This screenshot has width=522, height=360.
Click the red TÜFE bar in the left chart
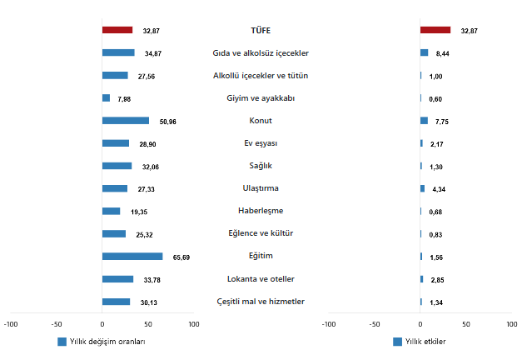[117, 30]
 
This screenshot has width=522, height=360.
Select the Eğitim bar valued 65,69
[132, 257]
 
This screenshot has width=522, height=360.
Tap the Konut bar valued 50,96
[125, 121]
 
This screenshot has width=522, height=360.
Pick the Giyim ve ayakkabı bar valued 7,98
[106, 98]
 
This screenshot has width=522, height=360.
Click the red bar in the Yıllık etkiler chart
[435, 30]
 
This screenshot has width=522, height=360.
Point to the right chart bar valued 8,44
[424, 53]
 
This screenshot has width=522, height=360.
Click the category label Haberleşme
[261, 211]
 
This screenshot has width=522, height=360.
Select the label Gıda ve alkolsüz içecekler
[261, 53]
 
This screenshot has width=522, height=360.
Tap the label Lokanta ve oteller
[261, 278]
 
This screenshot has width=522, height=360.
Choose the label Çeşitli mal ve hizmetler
[261, 301]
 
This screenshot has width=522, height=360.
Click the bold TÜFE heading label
[261, 30]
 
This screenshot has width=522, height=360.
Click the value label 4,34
[440, 189]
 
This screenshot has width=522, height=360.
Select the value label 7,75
[442, 122]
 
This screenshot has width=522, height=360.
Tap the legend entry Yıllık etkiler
[424, 342]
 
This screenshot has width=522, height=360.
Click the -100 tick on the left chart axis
[11, 324]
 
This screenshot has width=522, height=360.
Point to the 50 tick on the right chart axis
[465, 324]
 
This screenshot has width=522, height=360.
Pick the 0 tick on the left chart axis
[102, 324]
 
